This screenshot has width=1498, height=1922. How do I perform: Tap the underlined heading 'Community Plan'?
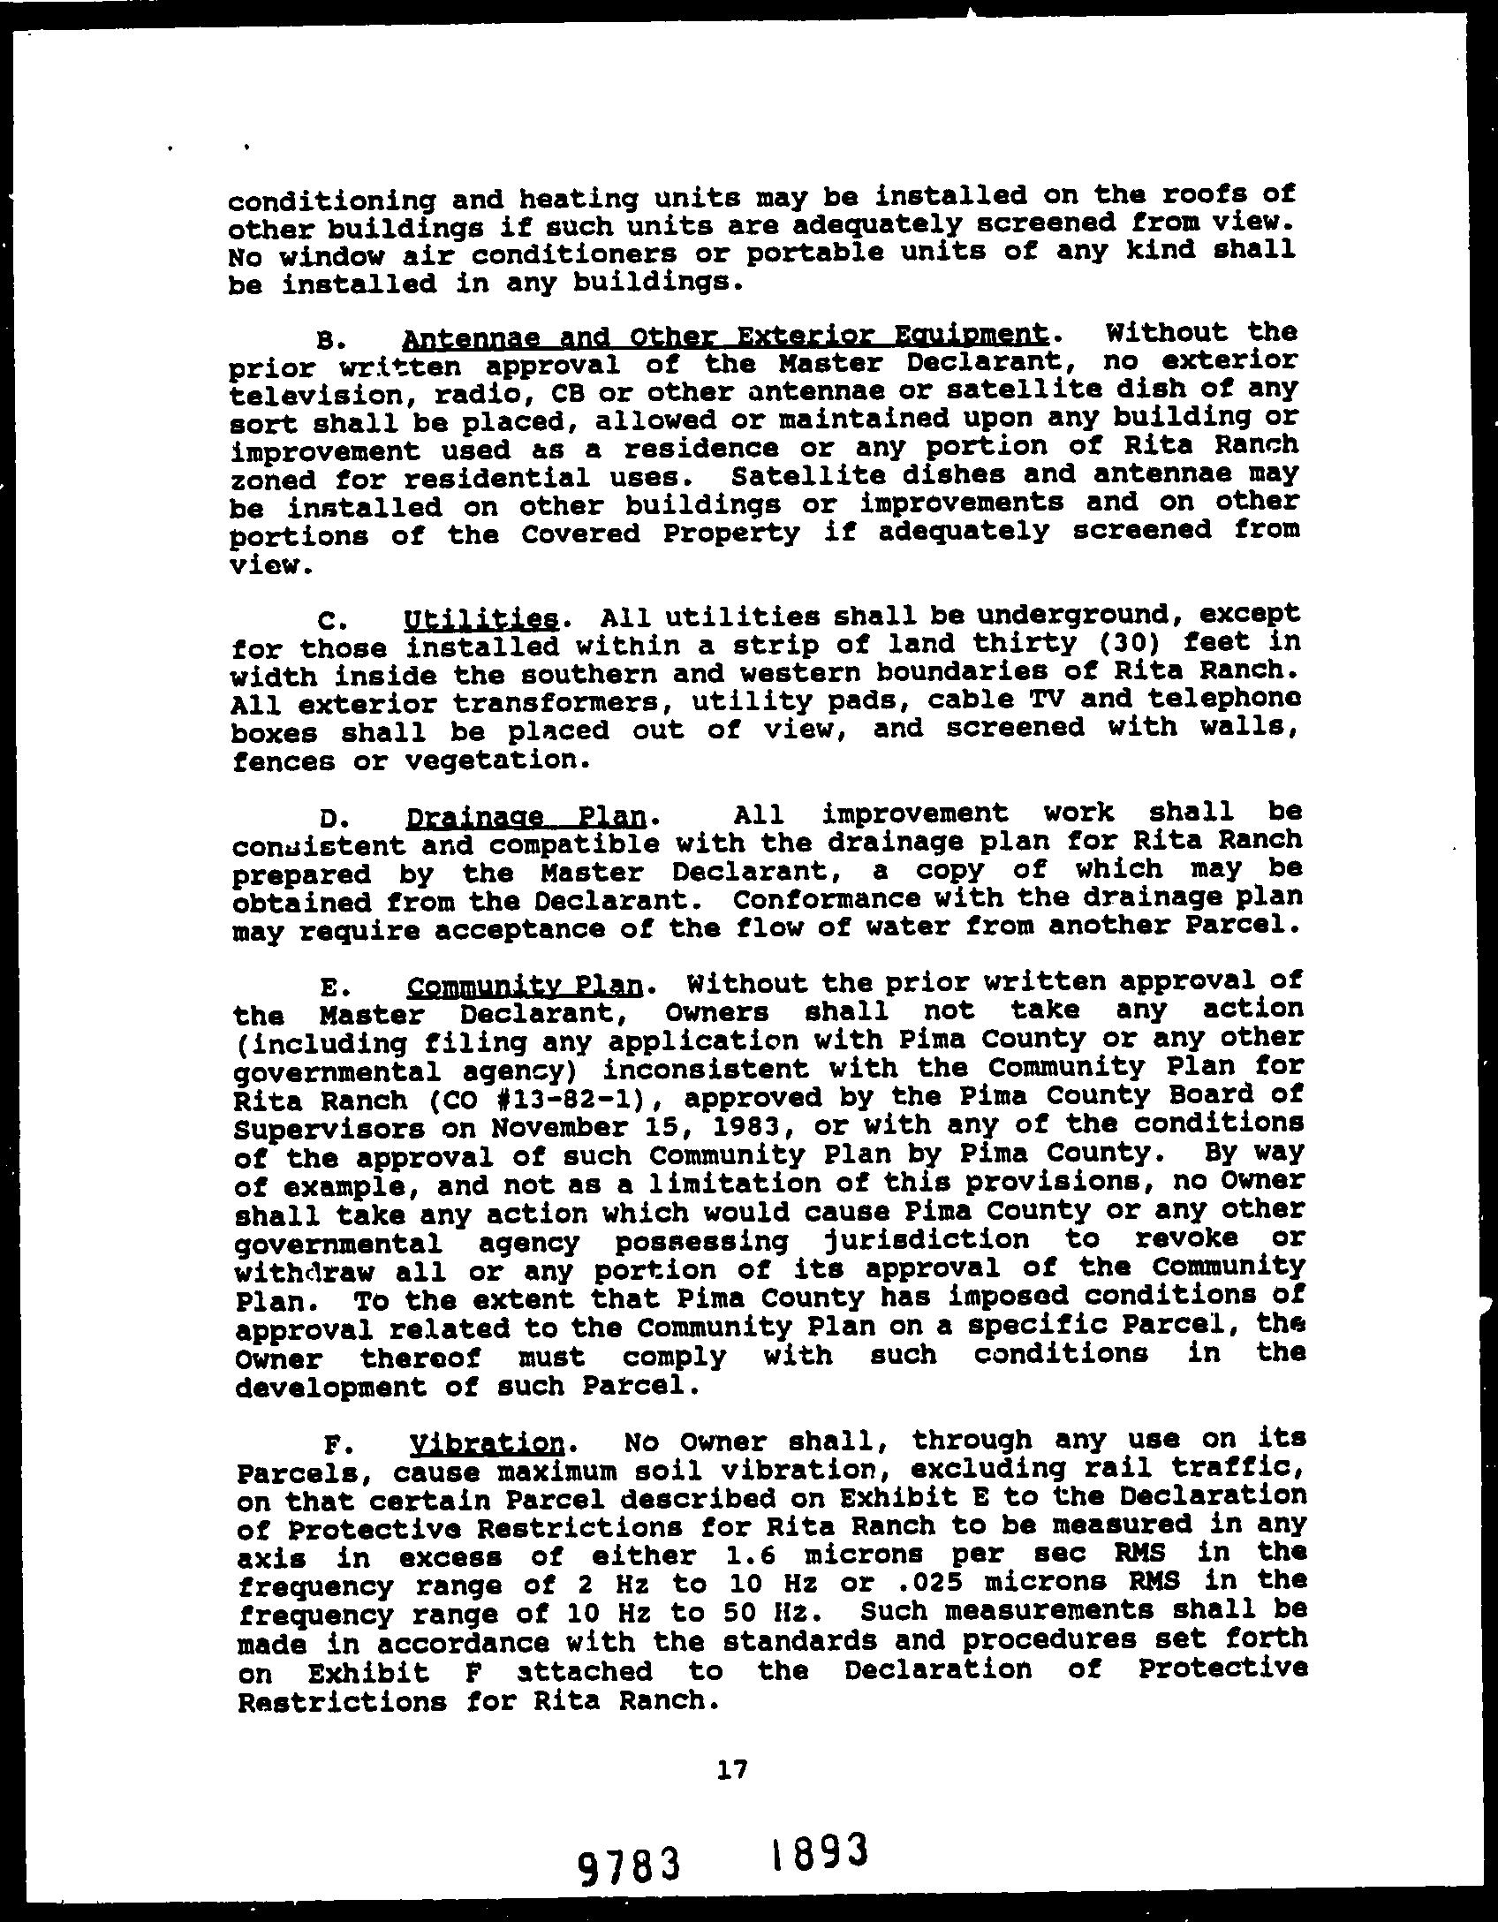[x=526, y=985]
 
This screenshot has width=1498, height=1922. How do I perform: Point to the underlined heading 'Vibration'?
[x=487, y=1443]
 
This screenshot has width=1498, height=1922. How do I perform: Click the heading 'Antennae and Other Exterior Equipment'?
[x=724, y=337]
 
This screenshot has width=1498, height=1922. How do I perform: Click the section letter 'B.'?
[x=325, y=339]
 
